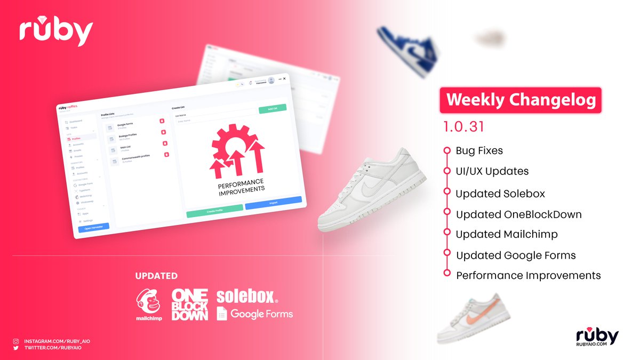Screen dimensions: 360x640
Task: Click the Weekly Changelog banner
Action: click(x=520, y=100)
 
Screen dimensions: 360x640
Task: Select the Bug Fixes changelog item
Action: click(x=479, y=151)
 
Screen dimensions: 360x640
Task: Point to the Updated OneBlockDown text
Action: click(x=518, y=214)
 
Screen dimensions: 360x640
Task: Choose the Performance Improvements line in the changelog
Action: click(x=528, y=276)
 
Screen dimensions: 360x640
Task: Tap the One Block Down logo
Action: click(x=189, y=305)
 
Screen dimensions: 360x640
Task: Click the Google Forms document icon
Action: click(x=222, y=314)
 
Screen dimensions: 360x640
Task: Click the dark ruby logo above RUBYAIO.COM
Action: click(x=597, y=335)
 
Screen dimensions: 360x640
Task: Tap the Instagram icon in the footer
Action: click(x=16, y=341)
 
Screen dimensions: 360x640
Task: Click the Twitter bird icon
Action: click(x=16, y=348)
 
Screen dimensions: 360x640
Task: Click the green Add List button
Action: click(x=272, y=109)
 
